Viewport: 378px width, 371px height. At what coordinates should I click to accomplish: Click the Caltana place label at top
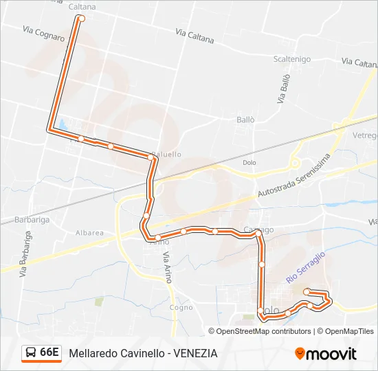pos(83,7)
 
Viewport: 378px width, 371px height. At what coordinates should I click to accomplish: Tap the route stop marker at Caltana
pos(82,19)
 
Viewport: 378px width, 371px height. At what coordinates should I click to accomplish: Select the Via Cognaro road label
pos(43,34)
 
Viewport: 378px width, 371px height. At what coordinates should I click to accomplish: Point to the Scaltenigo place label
pos(293,59)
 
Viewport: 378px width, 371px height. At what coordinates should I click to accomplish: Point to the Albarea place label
pos(90,233)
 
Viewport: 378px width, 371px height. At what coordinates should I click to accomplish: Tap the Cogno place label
pos(181,308)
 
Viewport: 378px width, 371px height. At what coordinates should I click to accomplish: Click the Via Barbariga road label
pos(25,255)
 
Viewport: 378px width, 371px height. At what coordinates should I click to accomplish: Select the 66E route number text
pos(49,352)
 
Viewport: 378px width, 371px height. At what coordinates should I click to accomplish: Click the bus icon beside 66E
pos(31,352)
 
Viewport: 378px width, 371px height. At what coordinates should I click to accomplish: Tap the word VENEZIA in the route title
pos(196,353)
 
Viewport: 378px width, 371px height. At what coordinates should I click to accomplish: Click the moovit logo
pos(326,353)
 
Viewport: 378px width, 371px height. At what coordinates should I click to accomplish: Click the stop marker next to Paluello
pos(151,157)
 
